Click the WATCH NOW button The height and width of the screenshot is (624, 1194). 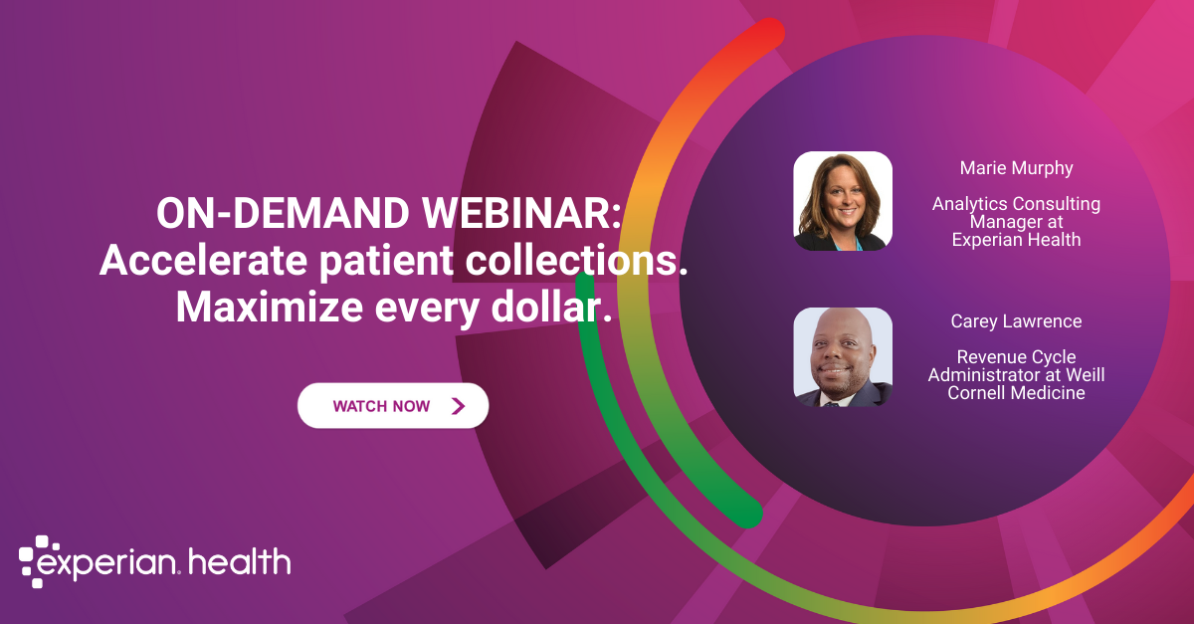click(393, 406)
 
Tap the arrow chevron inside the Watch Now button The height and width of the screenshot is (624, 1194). click(458, 406)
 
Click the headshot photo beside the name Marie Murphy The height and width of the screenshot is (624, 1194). click(843, 200)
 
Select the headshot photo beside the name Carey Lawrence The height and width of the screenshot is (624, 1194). click(843, 357)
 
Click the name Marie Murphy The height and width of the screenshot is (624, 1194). click(1016, 167)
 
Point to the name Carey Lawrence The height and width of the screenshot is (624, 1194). click(1016, 321)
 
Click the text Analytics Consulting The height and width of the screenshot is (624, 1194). click(1016, 204)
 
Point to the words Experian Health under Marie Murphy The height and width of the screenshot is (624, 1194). click(1016, 240)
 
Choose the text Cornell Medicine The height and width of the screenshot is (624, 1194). click(1016, 393)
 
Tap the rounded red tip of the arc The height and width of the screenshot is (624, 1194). click(767, 33)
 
